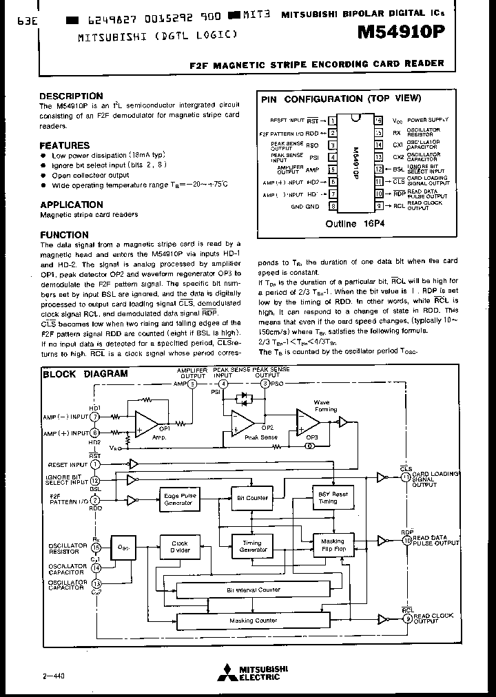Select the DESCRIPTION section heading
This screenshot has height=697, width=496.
click(71, 96)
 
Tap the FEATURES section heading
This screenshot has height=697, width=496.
click(64, 145)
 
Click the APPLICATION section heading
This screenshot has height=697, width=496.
click(72, 205)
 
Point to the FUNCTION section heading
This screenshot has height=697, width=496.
click(64, 235)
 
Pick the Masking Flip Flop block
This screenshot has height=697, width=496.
click(333, 545)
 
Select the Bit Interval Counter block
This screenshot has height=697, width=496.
click(253, 590)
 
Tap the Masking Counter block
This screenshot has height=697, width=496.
click(253, 621)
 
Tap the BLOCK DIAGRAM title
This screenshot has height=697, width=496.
click(85, 374)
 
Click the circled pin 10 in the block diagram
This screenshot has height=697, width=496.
click(406, 541)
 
